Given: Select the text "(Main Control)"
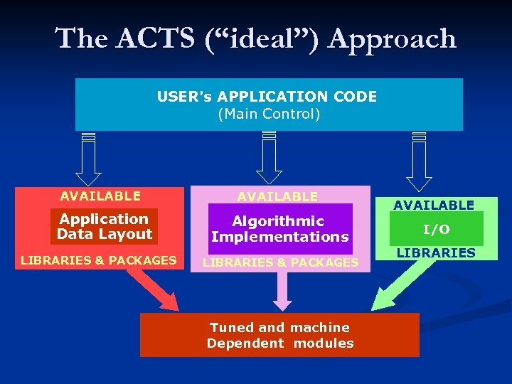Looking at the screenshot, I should (x=269, y=114).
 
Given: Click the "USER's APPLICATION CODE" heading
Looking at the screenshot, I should (x=267, y=96).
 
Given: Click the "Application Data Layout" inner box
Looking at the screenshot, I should (x=105, y=227).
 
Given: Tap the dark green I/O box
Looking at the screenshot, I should (x=436, y=229).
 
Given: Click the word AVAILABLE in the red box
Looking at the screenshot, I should (x=100, y=196).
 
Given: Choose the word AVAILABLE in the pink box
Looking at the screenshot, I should (x=277, y=196).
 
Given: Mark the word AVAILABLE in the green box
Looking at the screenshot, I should (x=434, y=205).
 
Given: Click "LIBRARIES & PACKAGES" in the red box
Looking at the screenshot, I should (x=98, y=260).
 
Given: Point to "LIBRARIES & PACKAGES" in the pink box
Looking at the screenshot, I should (x=280, y=262).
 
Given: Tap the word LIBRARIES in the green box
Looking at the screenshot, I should (x=435, y=252).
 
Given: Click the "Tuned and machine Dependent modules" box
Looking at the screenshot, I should (x=279, y=335).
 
